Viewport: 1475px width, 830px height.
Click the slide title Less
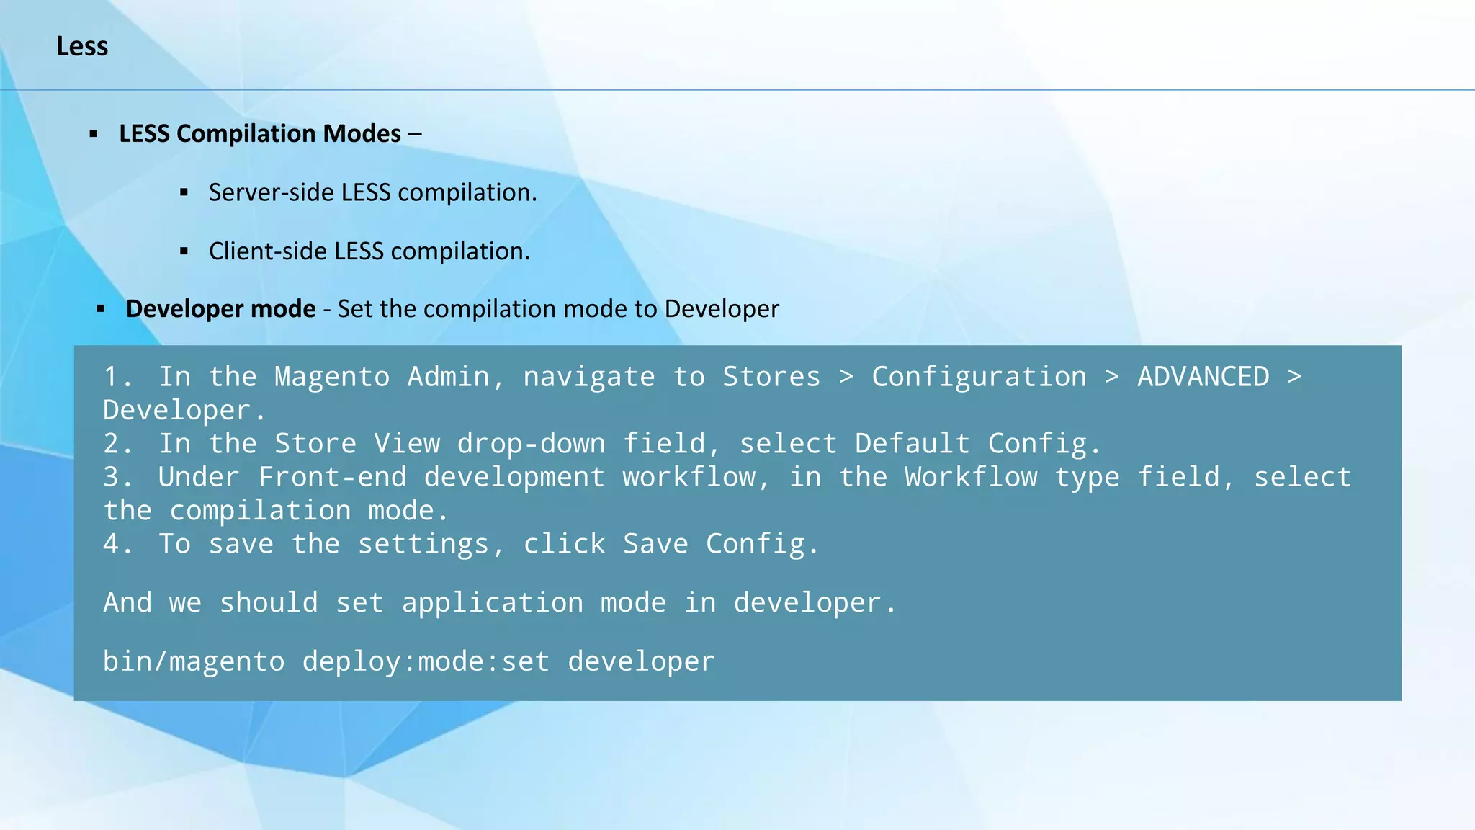[82, 47]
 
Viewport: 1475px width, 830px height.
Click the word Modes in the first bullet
[362, 134]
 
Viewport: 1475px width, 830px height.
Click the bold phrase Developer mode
[220, 309]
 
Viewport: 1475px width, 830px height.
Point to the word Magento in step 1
[332, 377]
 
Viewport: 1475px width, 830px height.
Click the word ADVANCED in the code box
[1203, 377]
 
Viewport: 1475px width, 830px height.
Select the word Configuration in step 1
[979, 377]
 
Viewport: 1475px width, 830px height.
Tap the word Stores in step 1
[771, 377]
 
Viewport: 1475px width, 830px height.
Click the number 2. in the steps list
[118, 444]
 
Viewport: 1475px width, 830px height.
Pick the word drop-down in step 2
[532, 444]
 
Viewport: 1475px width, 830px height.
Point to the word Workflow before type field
[971, 477]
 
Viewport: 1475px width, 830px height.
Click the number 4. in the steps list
[118, 544]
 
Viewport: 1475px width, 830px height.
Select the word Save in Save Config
[655, 544]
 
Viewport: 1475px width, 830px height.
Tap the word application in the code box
[493, 603]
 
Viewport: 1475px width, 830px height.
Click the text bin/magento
[194, 661]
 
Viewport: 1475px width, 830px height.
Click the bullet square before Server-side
[184, 193]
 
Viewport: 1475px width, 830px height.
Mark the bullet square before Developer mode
[101, 309]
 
